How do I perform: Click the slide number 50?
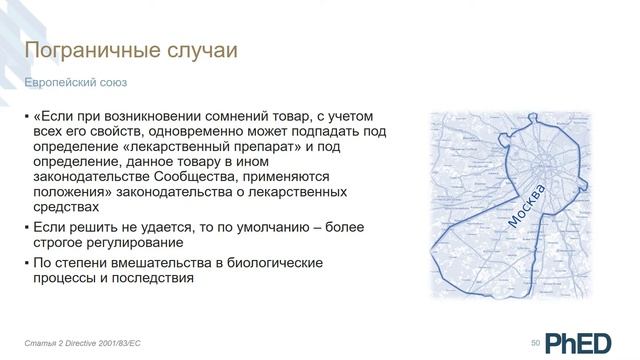(536, 343)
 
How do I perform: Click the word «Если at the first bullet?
(53, 114)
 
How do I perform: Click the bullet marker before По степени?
(27, 262)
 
